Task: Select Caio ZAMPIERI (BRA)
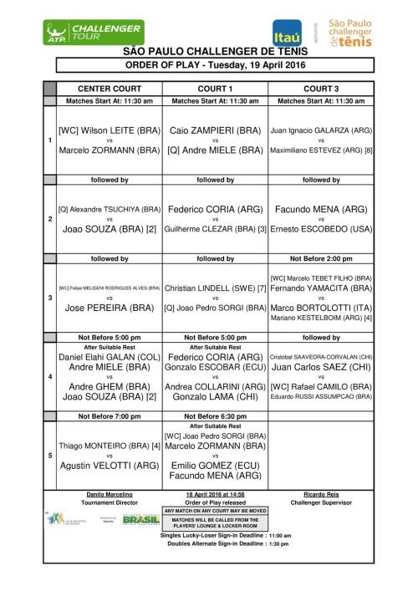(x=216, y=131)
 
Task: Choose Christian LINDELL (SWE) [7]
(x=216, y=288)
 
